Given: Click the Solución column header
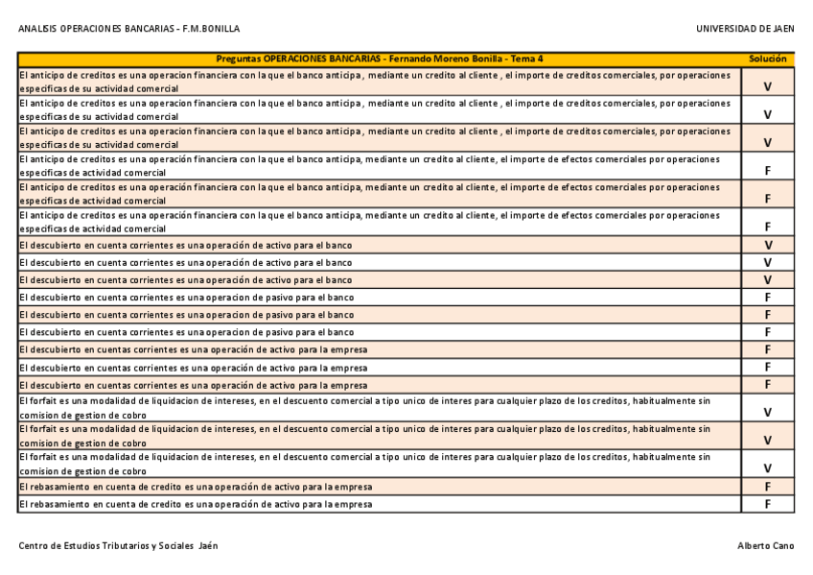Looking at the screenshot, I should [x=767, y=59].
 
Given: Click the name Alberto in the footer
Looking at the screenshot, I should [x=753, y=545].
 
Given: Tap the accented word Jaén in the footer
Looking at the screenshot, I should [x=208, y=545].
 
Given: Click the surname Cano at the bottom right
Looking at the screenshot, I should [x=782, y=545].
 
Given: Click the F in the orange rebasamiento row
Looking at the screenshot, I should [x=768, y=486].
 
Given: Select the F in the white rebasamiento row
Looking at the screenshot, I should [x=768, y=503].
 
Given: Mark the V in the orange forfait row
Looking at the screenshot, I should [x=768, y=441].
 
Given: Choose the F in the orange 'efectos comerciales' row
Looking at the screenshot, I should [x=768, y=199].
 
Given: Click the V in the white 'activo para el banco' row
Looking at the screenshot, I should [x=768, y=262].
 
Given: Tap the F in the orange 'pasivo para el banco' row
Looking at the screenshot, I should [x=768, y=314].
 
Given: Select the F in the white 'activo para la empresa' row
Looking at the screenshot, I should [x=768, y=367].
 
